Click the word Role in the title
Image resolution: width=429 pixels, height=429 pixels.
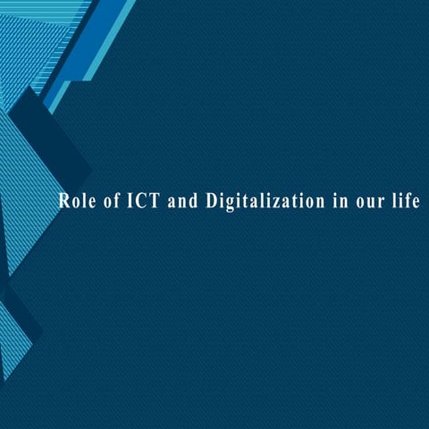point(77,200)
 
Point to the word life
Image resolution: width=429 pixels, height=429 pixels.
point(405,200)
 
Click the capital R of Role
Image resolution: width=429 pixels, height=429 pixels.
point(64,200)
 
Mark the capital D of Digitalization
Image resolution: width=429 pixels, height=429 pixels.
point(213,200)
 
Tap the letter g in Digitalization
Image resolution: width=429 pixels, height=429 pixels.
point(234,204)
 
